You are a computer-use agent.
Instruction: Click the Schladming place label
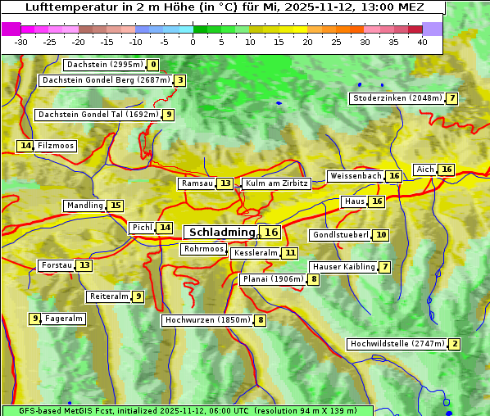point(222,233)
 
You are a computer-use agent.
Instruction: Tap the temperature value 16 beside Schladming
point(271,233)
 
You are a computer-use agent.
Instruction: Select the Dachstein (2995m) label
point(104,65)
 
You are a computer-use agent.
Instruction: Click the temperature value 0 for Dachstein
point(153,65)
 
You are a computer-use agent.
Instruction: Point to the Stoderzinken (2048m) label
point(397,98)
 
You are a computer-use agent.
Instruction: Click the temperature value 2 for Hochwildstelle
point(455,344)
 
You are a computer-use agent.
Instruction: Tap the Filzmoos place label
point(56,146)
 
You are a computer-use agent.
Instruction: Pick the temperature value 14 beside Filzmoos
point(25,146)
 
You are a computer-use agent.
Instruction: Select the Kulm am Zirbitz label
point(276,183)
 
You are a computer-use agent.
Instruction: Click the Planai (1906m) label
point(273,279)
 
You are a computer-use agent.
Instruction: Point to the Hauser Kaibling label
point(343,267)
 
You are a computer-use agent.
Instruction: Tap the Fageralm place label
point(64,319)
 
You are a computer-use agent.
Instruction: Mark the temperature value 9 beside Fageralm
point(35,319)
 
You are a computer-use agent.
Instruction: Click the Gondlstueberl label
point(340,235)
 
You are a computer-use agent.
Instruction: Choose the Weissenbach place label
point(355,176)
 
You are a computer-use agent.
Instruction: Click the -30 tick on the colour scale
point(21,42)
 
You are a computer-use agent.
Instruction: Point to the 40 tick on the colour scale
point(422,42)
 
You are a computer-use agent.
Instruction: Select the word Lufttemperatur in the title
point(63,7)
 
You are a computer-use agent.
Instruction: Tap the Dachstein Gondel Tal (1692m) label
point(98,115)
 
